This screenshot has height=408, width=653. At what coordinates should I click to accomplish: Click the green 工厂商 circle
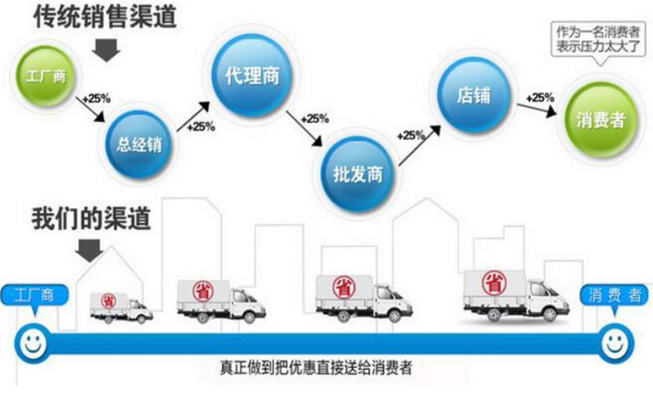[46, 76]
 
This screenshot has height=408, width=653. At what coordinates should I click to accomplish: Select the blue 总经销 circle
[139, 144]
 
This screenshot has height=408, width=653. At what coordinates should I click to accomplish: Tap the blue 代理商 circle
[251, 76]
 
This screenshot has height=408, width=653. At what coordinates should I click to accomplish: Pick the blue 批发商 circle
[358, 175]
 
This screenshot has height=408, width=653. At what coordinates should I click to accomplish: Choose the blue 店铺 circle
[473, 95]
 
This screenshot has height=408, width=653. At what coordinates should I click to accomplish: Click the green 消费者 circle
[602, 121]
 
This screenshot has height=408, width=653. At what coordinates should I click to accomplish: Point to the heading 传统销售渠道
[105, 17]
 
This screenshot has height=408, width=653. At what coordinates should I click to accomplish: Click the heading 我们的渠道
[91, 218]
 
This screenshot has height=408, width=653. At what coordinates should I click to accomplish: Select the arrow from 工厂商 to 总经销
[90, 109]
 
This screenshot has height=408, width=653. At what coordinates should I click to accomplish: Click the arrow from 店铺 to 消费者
[537, 109]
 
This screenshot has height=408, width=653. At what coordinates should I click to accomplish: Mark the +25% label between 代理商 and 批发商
[315, 119]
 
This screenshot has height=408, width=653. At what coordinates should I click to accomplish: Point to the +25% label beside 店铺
[540, 98]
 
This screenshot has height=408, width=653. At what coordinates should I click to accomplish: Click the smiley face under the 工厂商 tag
[33, 344]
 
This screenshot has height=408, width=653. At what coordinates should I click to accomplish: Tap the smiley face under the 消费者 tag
[616, 344]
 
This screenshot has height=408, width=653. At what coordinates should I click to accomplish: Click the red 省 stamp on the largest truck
[494, 283]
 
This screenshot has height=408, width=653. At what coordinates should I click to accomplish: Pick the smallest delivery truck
[122, 308]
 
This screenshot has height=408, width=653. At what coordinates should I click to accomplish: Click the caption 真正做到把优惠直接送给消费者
[316, 368]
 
